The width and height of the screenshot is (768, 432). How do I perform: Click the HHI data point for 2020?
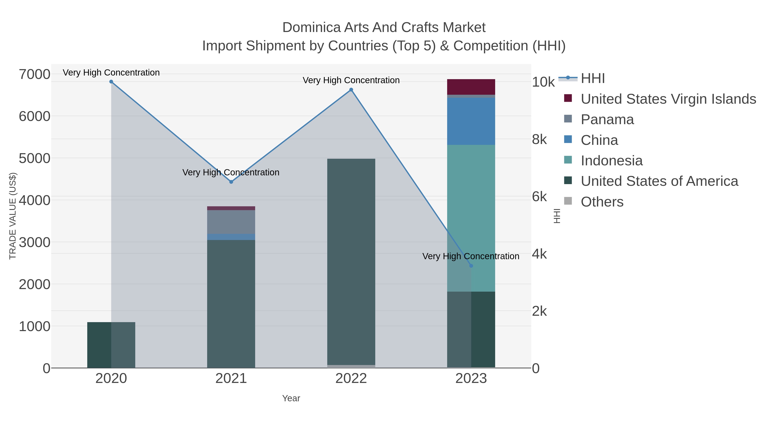(111, 82)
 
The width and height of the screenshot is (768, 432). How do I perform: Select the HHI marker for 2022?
(351, 90)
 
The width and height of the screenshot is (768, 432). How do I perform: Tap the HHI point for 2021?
(231, 182)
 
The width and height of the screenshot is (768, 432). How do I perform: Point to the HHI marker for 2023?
(471, 266)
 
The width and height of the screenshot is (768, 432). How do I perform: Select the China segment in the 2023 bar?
(471, 121)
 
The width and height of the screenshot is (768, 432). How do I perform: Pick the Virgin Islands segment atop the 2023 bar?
(471, 87)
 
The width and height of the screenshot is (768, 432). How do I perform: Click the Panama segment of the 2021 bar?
(231, 222)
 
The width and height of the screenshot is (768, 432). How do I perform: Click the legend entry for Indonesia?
(611, 161)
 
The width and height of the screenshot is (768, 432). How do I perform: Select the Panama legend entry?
(607, 119)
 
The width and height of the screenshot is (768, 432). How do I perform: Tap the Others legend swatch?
(568, 201)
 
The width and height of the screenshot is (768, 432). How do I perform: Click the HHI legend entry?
(592, 79)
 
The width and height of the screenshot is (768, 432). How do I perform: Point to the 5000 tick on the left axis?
(34, 158)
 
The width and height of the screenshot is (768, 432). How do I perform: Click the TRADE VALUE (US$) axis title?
(13, 216)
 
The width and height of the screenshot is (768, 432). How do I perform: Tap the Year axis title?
(291, 398)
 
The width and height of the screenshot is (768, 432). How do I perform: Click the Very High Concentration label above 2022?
(351, 80)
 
